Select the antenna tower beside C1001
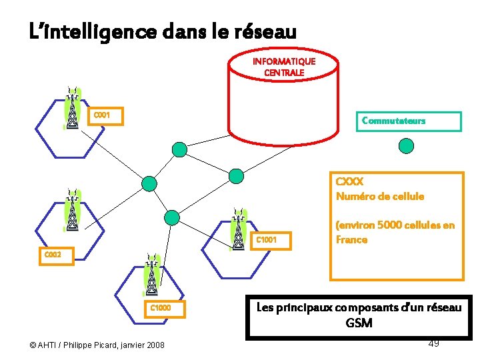(238, 229)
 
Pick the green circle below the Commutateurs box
(405, 145)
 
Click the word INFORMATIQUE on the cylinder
(284, 61)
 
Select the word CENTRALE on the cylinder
(284, 72)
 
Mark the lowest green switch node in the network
(172, 217)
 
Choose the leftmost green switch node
(150, 183)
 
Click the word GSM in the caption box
(359, 323)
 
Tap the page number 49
(433, 343)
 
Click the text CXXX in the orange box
(349, 181)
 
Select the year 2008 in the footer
(153, 344)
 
